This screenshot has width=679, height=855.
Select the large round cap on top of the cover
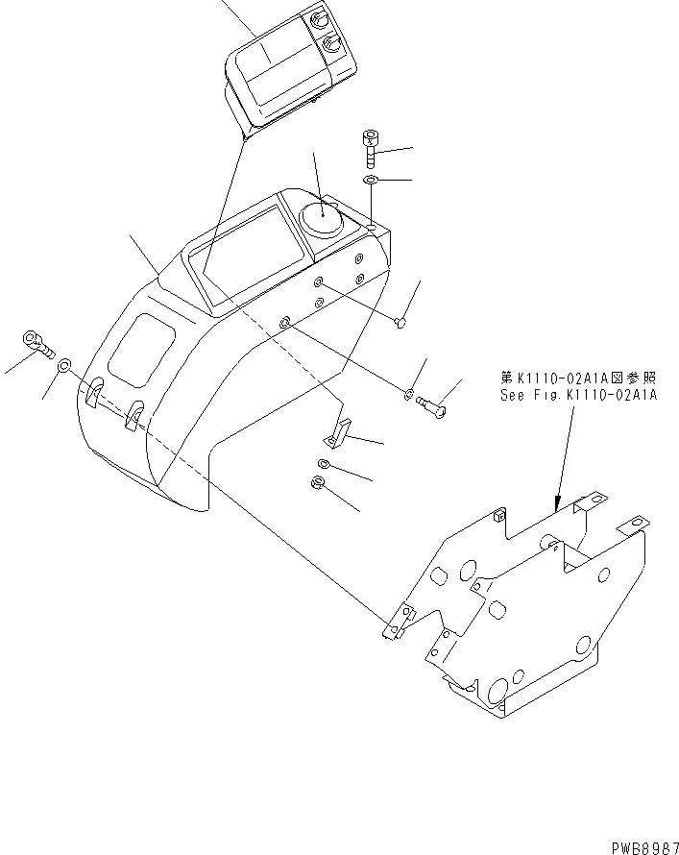(x=321, y=219)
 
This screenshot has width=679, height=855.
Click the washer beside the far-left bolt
(x=64, y=365)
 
